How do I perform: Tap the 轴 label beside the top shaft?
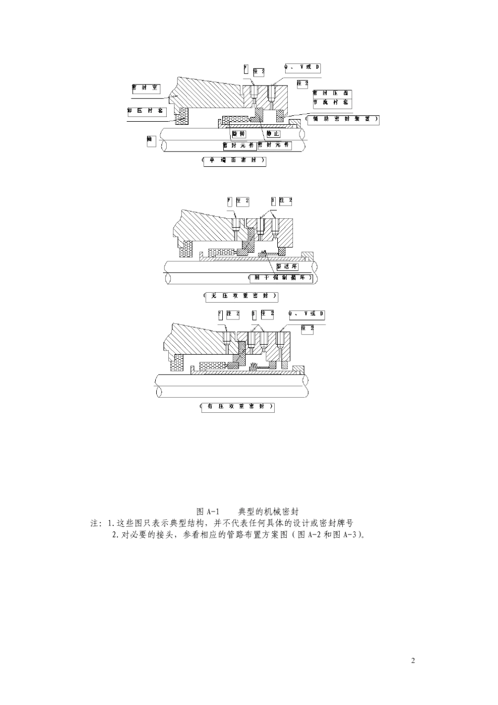[x=151, y=141]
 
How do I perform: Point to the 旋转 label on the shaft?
[x=239, y=134]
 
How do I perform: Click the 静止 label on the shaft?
[x=273, y=134]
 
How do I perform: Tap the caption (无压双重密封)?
[x=241, y=297]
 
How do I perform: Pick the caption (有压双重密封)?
[x=237, y=407]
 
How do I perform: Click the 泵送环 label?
[x=287, y=266]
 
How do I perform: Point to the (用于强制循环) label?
[x=282, y=277]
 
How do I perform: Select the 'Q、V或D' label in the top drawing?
[x=302, y=68]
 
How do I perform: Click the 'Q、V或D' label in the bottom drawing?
[x=307, y=314]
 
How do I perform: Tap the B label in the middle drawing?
[x=273, y=201]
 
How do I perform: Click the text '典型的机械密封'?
[x=268, y=511]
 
